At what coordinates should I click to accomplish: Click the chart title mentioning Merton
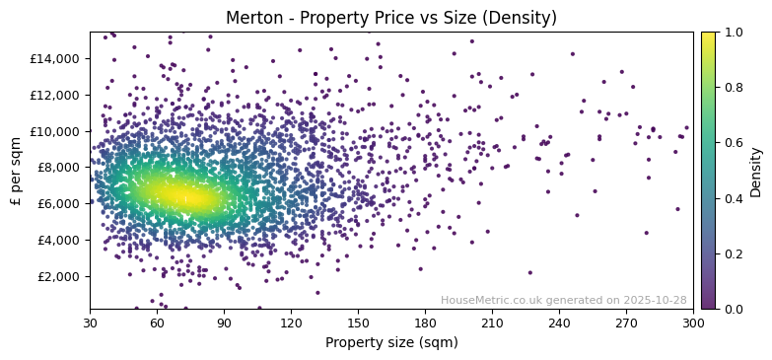391,18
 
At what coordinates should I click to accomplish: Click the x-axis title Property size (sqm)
391,342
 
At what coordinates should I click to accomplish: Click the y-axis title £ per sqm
16,171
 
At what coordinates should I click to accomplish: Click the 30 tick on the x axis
90,323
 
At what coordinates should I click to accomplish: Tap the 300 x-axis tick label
693,323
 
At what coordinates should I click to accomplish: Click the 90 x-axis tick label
224,323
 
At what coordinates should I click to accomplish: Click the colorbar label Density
756,171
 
